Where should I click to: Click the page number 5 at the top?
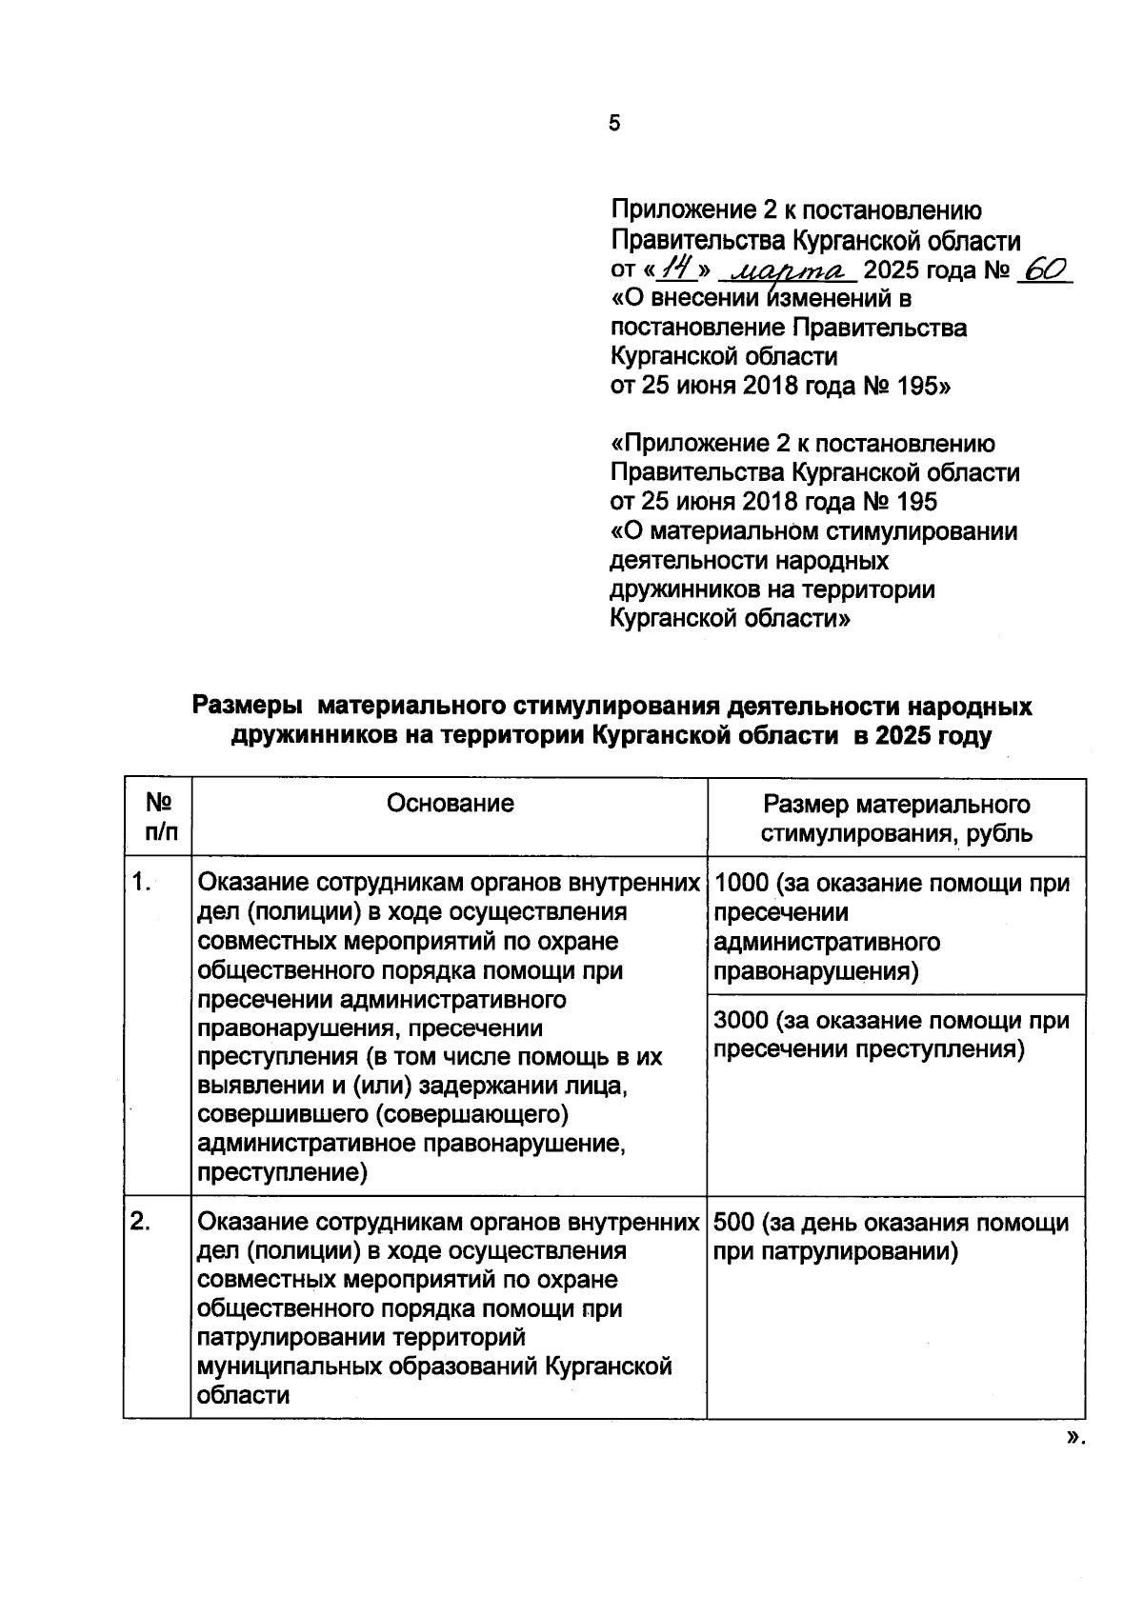pos(614,123)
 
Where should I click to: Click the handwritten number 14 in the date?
pos(677,270)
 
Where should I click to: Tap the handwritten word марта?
pos(787,272)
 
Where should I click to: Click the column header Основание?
pos(450,804)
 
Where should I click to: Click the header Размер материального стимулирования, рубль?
pos(895,819)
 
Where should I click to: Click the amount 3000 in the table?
pos(740,1021)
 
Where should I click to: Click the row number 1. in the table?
pos(142,883)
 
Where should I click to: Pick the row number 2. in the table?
pos(142,1222)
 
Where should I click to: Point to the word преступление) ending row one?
pos(282,1173)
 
